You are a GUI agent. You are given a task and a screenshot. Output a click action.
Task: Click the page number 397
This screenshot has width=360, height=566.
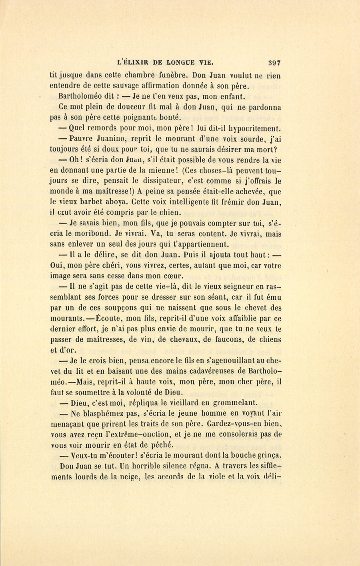[276, 62]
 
